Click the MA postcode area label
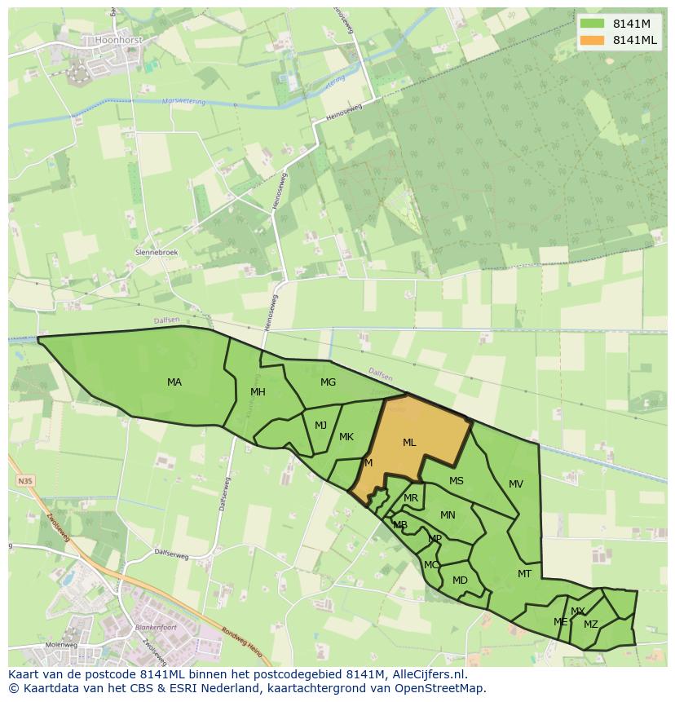point(174,382)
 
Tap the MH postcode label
point(258,392)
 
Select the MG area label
point(328,382)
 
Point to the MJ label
point(320,425)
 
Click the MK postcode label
point(346,437)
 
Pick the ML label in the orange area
point(409,443)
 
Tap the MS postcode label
point(456,481)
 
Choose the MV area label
point(516,484)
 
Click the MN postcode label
point(448,515)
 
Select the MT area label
point(524,574)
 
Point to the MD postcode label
point(460,581)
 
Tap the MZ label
point(591,625)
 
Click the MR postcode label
point(411,498)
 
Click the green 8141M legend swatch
point(592,24)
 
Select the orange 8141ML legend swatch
point(592,40)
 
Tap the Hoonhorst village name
point(118,38)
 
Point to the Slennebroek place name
point(157,253)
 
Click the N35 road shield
point(25,482)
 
